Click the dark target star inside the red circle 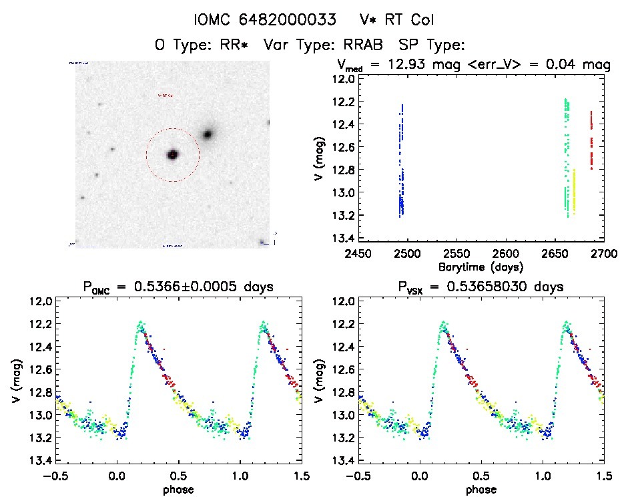[172, 154]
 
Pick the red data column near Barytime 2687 [591, 140]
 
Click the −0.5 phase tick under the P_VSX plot [356, 476]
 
